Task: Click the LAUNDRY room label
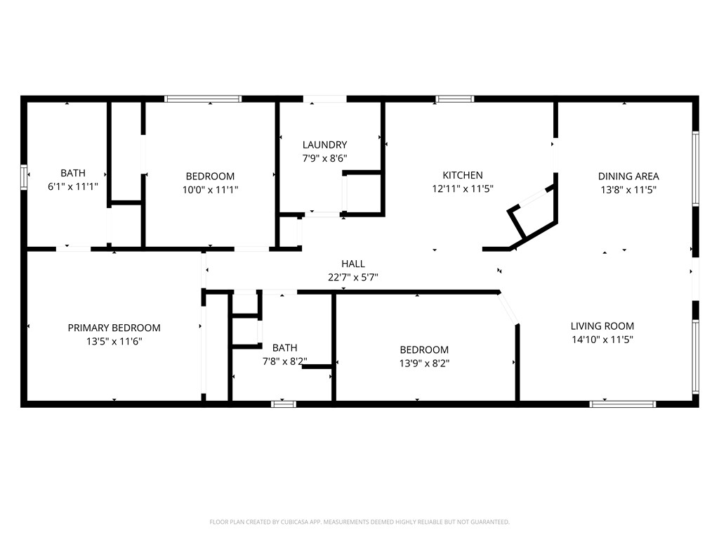(324, 145)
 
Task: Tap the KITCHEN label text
(463, 175)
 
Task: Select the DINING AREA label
(628, 176)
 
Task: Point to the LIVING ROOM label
(602, 326)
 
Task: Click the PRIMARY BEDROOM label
(114, 328)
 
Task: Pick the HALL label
(353, 264)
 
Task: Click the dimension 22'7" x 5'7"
(353, 277)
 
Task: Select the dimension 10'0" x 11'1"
(211, 190)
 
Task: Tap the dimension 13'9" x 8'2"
(424, 364)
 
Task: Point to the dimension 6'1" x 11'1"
(73, 186)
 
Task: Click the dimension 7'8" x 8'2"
(285, 361)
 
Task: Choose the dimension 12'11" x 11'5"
(463, 188)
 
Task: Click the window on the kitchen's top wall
(454, 98)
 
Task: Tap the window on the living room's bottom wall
(623, 404)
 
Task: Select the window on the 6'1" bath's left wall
(24, 176)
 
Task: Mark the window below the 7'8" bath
(284, 404)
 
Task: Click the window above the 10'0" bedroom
(203, 98)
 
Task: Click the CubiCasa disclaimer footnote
(359, 522)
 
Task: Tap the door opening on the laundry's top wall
(324, 98)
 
